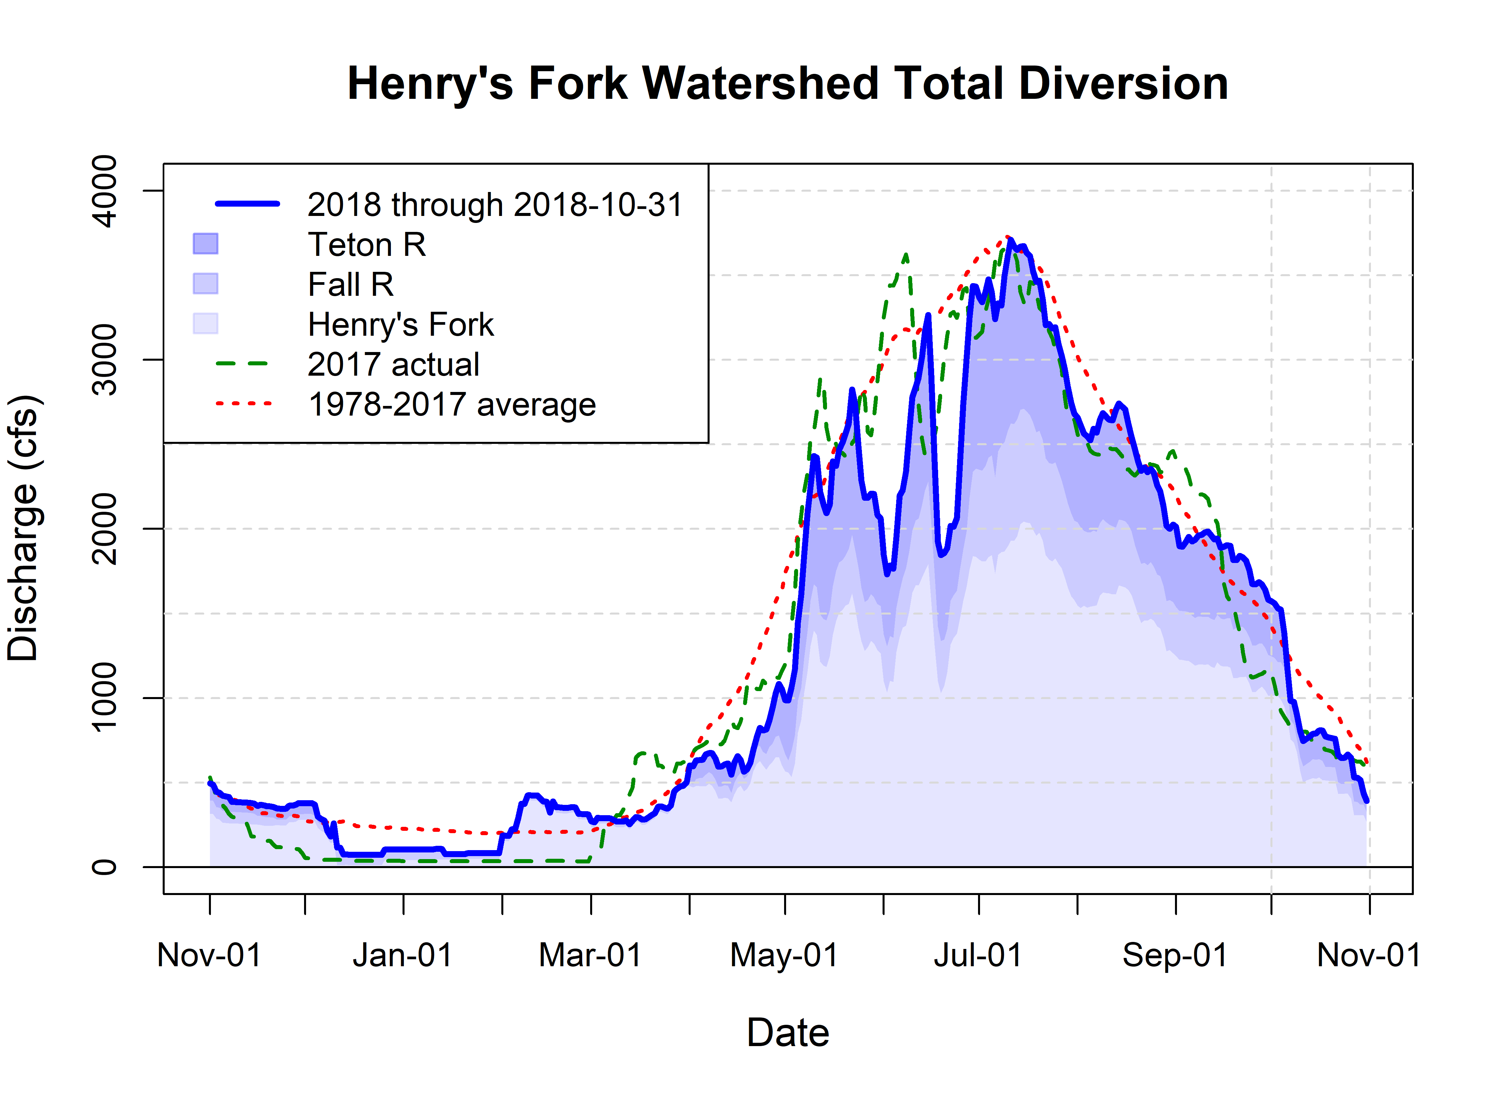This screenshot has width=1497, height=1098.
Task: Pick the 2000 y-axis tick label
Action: [104, 529]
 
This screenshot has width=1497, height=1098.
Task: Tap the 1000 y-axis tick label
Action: [104, 698]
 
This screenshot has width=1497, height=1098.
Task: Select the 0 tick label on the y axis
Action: [104, 867]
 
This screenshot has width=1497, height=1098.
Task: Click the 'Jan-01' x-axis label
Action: [403, 955]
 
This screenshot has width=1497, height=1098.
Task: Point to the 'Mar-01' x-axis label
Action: [591, 955]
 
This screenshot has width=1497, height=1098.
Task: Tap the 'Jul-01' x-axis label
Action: [978, 955]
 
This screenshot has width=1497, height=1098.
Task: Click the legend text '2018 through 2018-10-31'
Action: [495, 205]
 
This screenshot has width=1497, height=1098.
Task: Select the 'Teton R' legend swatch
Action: [205, 244]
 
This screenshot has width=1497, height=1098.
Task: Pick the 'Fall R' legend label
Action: [351, 284]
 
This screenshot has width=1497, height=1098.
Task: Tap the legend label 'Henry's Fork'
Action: [401, 324]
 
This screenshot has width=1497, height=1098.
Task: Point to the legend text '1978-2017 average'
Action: [452, 404]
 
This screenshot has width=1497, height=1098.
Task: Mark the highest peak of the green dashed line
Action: [906, 255]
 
